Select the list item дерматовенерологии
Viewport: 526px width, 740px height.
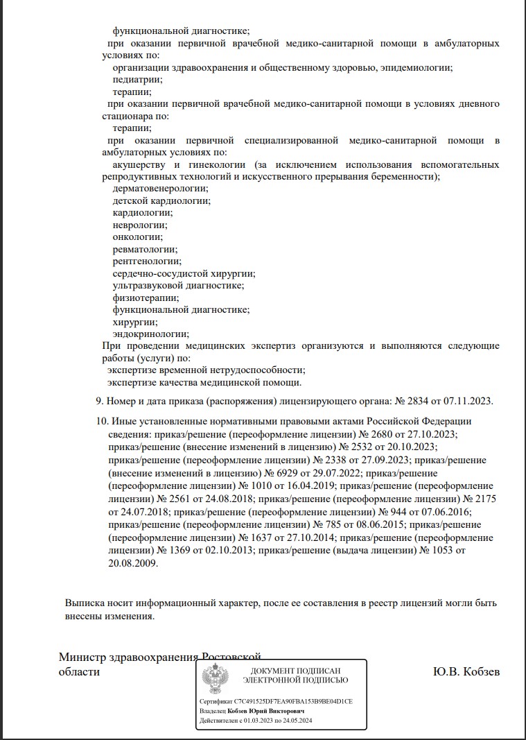[160, 188]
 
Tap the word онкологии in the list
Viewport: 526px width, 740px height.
[137, 236]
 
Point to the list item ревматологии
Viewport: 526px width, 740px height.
[145, 249]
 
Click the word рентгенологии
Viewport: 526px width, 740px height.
[147, 261]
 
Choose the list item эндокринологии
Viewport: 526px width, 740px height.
[150, 334]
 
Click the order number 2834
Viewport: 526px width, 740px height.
[419, 401]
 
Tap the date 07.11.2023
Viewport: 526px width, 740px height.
[467, 401]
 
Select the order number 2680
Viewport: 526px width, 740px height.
[377, 434]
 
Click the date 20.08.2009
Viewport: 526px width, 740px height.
[133, 563]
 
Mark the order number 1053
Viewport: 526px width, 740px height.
[441, 551]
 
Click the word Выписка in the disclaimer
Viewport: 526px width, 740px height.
[85, 603]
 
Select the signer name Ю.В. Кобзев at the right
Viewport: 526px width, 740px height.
[466, 672]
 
